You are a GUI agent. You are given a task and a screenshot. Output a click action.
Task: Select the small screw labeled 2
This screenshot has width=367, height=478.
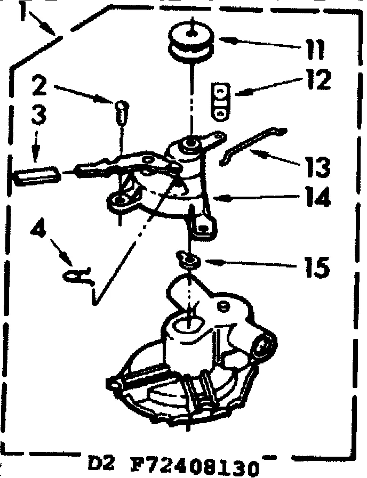(121, 112)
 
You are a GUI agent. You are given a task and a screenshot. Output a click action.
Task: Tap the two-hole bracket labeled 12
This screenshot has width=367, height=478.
(219, 101)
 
